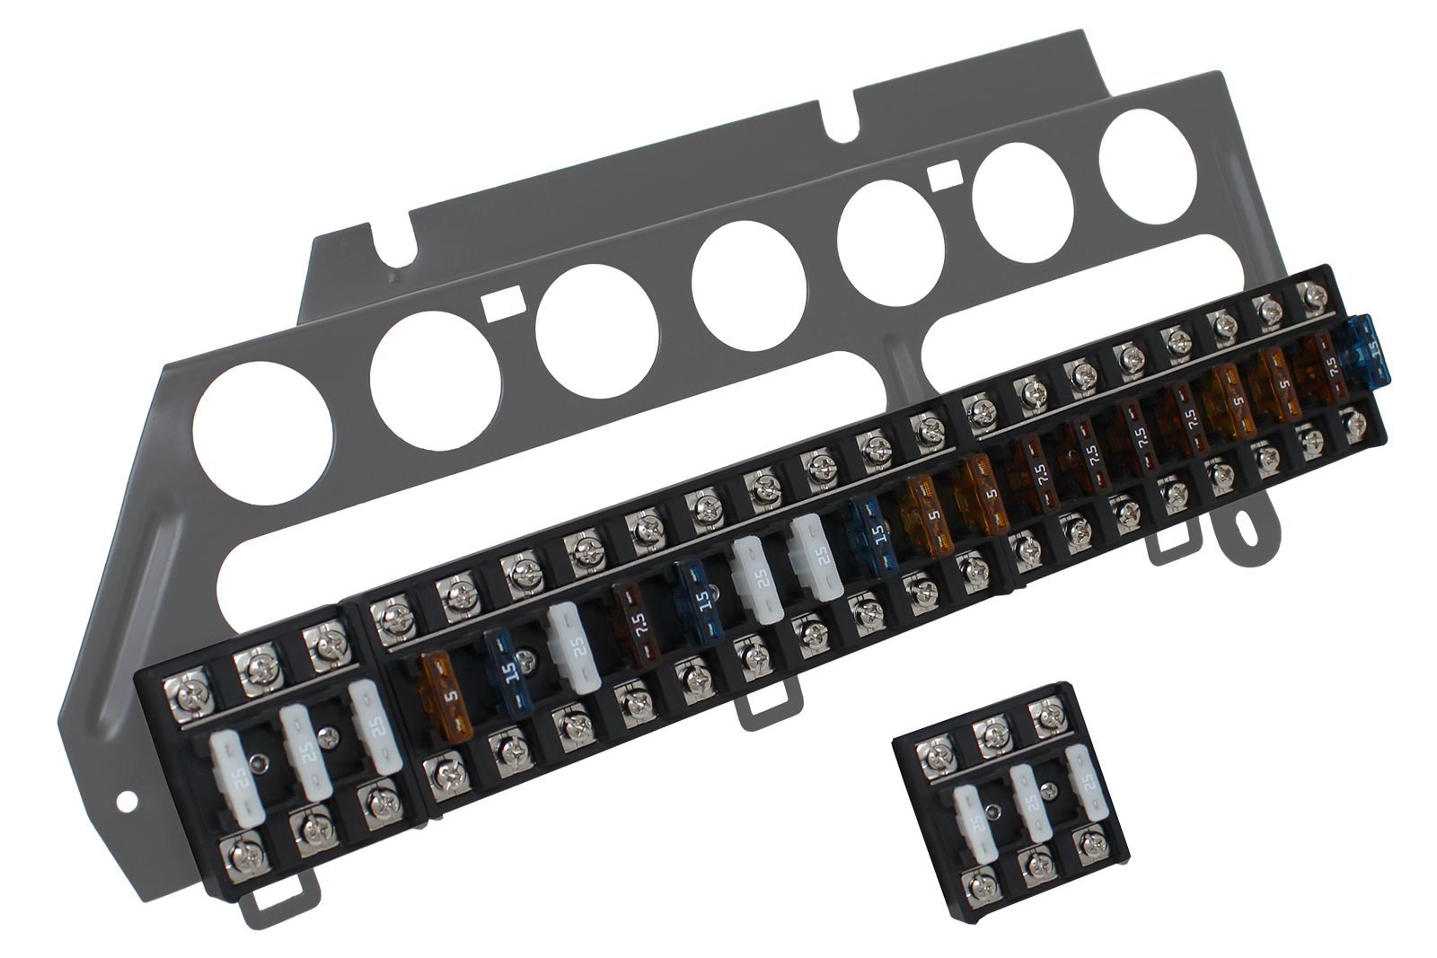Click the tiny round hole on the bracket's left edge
[x=127, y=798]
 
